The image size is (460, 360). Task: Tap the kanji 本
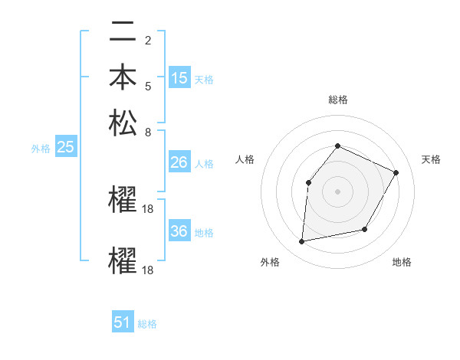[x=123, y=77]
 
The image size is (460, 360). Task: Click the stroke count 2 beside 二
[x=147, y=41]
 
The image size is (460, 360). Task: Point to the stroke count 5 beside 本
[x=147, y=85]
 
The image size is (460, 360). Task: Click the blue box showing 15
[x=179, y=78]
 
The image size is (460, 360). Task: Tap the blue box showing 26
[x=179, y=162]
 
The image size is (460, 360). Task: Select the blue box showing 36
[x=179, y=232]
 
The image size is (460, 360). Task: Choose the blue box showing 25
[x=65, y=148]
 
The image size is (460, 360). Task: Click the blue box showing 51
[x=123, y=322]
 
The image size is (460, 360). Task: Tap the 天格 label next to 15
[x=204, y=80]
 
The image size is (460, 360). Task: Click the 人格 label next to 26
[x=204, y=164]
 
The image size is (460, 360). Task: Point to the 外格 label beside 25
[x=41, y=149]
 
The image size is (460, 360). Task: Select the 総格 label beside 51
[x=147, y=324]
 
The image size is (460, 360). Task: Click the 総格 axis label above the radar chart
[x=337, y=100]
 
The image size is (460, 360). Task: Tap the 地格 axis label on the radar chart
[x=402, y=262]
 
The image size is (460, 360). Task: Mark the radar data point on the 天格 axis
[x=396, y=172]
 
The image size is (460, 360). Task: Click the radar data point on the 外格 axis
[x=302, y=242]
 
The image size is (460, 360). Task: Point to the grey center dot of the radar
[x=337, y=191]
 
